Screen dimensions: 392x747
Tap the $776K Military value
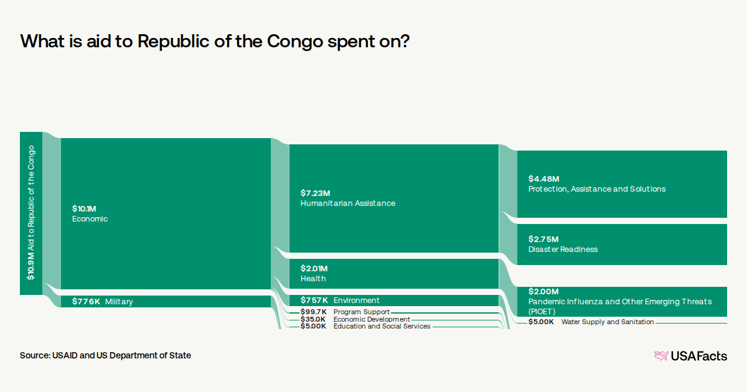86,302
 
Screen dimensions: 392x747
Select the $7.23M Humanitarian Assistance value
315,194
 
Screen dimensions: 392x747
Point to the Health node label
313,279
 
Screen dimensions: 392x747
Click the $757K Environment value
314,301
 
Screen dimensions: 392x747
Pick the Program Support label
361,312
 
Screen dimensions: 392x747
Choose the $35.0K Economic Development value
313,319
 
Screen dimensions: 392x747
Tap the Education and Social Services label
382,326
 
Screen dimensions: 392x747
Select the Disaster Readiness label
563,250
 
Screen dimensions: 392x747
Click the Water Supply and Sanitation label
607,322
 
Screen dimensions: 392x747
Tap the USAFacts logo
690,356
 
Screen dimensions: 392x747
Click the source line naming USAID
105,355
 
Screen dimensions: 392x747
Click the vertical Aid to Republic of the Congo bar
31,213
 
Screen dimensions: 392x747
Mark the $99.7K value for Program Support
313,312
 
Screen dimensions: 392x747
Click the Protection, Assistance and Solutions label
596,189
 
